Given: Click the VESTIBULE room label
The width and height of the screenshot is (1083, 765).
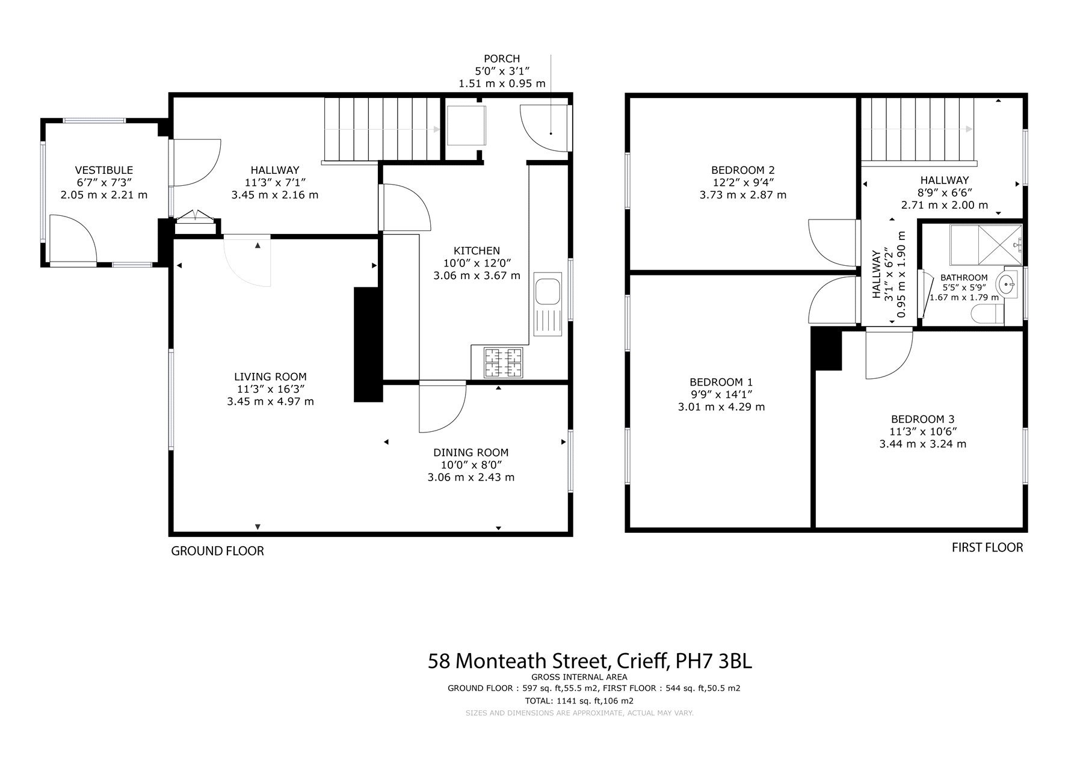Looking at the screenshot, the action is point(104,170).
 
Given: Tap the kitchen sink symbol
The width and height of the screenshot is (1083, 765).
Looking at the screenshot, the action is point(548,306).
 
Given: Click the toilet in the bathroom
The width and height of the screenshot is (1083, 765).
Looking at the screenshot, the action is point(988,314).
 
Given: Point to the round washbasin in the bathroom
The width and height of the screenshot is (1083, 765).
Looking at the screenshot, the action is point(1007,283).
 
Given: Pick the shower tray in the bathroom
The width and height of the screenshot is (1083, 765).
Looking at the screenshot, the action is point(986,245).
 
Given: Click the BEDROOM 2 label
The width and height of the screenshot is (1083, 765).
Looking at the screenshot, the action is point(742,170).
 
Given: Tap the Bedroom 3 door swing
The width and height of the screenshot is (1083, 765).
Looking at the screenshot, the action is point(889,355).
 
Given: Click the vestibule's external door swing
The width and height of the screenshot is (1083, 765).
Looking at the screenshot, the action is point(73,239).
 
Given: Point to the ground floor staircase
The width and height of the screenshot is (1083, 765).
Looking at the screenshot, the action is point(383,130).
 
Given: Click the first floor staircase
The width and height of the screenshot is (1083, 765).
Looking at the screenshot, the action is point(918,131).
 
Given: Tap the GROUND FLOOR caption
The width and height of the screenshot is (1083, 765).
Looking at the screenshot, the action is point(218,551).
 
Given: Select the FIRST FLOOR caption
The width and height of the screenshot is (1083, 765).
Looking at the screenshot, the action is point(987,547).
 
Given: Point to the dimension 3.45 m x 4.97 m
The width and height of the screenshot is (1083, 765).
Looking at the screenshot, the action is point(270,401).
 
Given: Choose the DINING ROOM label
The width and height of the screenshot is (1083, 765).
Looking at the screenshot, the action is point(471,452).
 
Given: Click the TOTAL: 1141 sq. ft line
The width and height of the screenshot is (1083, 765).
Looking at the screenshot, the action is point(579,701).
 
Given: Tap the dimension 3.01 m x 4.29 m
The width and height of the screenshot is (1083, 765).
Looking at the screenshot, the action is point(721,407).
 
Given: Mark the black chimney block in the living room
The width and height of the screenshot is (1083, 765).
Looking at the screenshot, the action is point(368,344).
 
